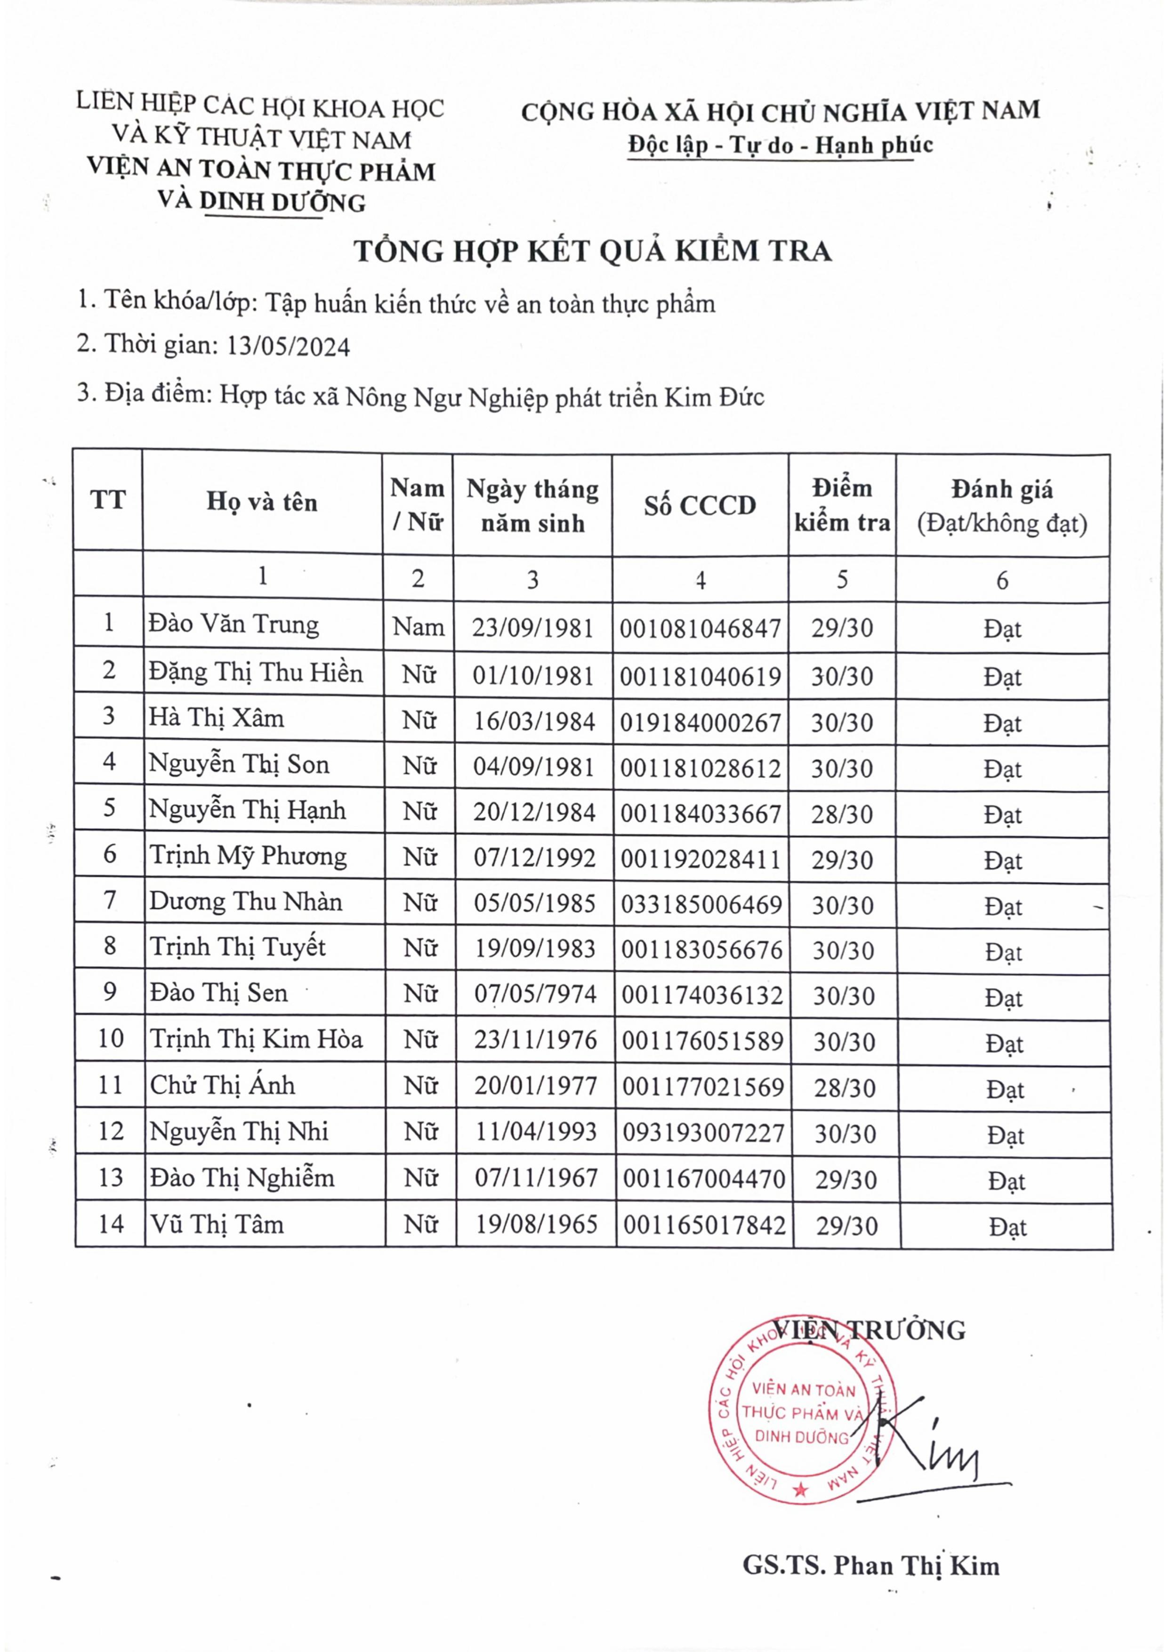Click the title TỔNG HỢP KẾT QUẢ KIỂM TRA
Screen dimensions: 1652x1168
[x=593, y=251]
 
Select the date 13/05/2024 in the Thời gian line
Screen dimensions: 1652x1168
[x=289, y=347]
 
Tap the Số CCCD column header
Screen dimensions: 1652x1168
[x=700, y=505]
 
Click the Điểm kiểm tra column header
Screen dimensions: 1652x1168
[x=842, y=505]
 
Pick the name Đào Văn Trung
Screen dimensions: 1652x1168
[x=234, y=624]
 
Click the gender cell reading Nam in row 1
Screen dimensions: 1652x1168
[x=419, y=627]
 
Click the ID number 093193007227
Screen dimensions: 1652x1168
[x=703, y=1133]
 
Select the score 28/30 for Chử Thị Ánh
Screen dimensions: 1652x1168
[x=845, y=1088]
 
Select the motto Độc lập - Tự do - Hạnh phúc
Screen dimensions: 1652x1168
[x=781, y=146]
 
